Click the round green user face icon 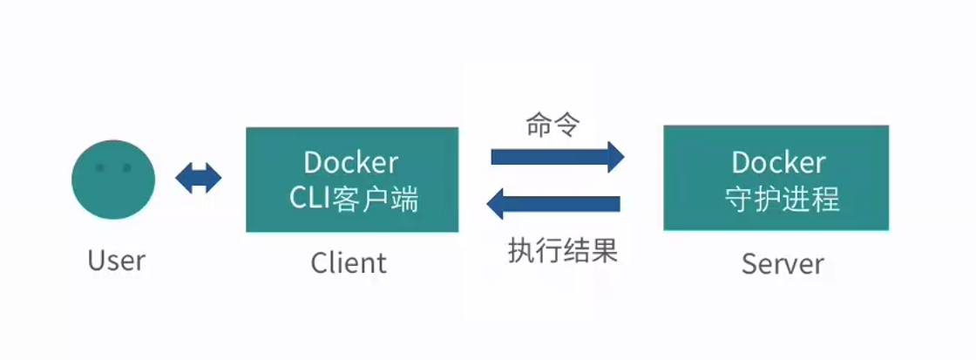113,179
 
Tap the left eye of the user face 100,167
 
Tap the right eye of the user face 126,167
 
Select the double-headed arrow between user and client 199,179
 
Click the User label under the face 117,261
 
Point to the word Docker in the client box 351,163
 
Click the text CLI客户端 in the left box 353,200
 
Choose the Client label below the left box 349,262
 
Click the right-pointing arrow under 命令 558,157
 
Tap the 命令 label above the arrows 552,125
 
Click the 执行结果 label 562,251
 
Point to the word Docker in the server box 778,163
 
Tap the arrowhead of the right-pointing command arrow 615,157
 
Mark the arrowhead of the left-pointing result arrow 495,205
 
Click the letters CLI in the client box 308,200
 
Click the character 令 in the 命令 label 566,125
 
